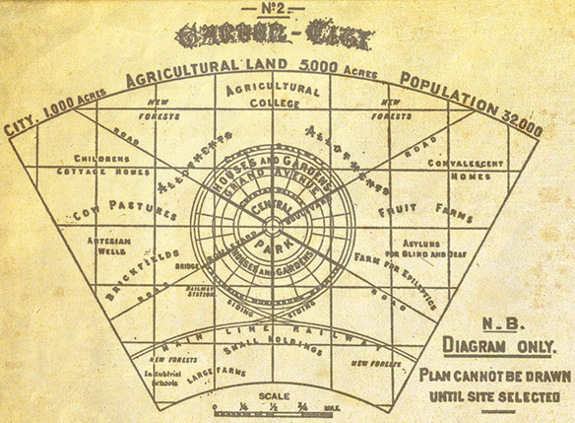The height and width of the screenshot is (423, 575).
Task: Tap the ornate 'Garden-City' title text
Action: [274, 39]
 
